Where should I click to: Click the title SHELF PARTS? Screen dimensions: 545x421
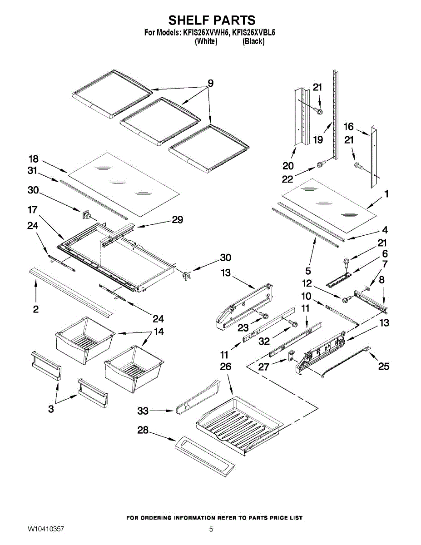coord(212,20)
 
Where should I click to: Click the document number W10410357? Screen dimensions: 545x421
coord(45,530)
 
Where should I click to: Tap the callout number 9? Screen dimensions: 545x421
coord(211,84)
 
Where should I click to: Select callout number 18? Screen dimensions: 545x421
coord(34,159)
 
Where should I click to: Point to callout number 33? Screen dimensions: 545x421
coord(143,411)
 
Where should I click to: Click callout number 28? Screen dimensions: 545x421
coord(143,430)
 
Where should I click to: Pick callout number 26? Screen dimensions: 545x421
coord(225,367)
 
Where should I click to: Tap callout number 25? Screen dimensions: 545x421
coord(384,366)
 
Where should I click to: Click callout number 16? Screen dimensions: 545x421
coord(348,127)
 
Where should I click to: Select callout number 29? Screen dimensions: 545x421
coord(177,220)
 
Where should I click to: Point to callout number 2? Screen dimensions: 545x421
coord(35,309)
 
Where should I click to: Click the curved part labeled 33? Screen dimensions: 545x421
coord(195,397)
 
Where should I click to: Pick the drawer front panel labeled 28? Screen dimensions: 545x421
coord(204,456)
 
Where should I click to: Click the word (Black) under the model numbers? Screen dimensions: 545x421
coord(253,41)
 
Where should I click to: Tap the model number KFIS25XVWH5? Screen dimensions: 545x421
coord(206,33)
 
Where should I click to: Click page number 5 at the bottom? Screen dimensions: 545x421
coord(211,530)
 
